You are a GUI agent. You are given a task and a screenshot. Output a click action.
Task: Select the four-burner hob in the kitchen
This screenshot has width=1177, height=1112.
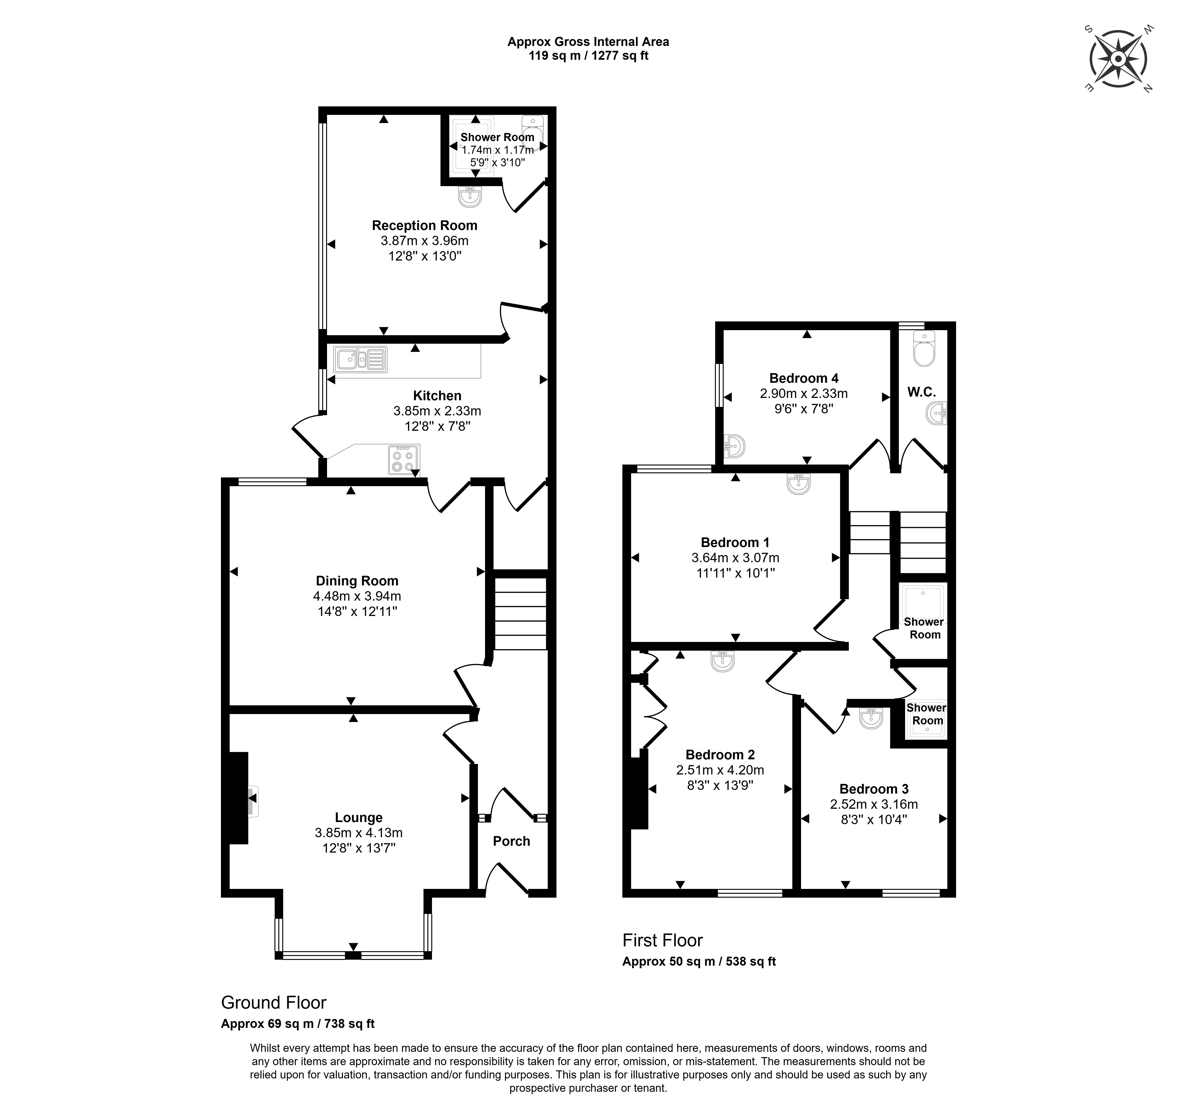(x=404, y=459)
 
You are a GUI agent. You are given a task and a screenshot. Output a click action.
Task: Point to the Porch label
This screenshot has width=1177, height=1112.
(x=511, y=841)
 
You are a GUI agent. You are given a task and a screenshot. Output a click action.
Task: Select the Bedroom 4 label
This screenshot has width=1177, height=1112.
(x=804, y=378)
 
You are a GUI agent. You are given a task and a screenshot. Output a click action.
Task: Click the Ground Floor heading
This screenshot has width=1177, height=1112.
(x=274, y=1002)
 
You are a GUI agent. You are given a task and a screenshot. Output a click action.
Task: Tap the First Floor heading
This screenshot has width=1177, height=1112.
(x=663, y=940)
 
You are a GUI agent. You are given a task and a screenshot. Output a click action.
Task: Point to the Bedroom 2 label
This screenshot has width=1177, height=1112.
(x=720, y=755)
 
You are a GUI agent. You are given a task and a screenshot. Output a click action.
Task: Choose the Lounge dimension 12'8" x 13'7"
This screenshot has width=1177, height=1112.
(x=358, y=848)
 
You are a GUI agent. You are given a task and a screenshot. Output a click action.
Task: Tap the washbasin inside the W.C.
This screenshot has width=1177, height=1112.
(x=936, y=413)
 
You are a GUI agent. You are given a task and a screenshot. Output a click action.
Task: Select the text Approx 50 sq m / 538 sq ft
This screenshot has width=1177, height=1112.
(x=699, y=962)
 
